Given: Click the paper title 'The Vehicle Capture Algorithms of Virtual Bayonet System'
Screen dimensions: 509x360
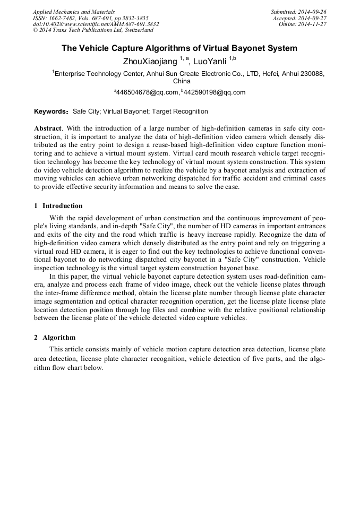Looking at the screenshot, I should point(179,48).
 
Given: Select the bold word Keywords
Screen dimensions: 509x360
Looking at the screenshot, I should point(50,112).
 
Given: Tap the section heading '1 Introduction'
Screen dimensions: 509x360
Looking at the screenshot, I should point(58,206).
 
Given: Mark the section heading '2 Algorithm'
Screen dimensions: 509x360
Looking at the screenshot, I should point(55,338).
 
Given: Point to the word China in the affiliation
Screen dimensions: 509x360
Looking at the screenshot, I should point(182,81).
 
